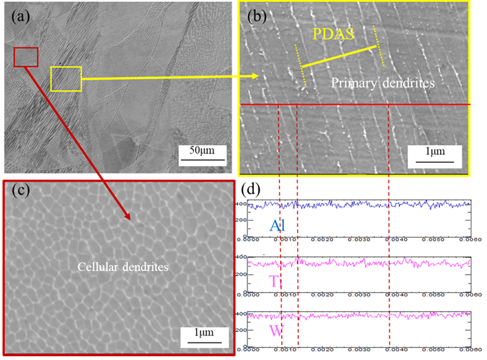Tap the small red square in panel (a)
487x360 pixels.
click(x=26, y=57)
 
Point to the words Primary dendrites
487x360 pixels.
click(x=382, y=84)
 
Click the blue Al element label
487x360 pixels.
click(x=277, y=226)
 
